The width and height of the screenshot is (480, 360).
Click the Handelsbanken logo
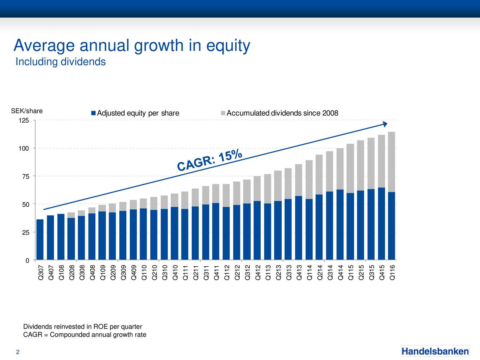coord(435,351)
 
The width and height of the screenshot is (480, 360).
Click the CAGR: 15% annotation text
coord(210,160)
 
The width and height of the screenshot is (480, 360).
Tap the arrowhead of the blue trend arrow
coord(384,124)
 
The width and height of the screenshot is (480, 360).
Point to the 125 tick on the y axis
coord(24,121)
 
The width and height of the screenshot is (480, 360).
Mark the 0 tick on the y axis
coord(27,261)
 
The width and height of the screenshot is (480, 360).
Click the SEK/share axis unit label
coord(27,111)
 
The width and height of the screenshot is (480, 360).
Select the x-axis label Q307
coord(40,272)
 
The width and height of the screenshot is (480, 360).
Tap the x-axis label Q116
coord(392,272)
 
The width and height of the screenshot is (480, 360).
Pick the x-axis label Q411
coord(216,272)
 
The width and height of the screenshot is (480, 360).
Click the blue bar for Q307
coord(40,240)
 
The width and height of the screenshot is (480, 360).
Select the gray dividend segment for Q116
coord(391,162)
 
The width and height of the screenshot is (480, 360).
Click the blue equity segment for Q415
coord(381,223)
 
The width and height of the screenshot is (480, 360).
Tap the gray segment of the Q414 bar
coord(340,169)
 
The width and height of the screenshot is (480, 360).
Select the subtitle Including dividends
coord(60,61)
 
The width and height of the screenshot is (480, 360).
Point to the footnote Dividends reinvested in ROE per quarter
coord(82,327)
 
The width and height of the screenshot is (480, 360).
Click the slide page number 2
coord(18,352)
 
